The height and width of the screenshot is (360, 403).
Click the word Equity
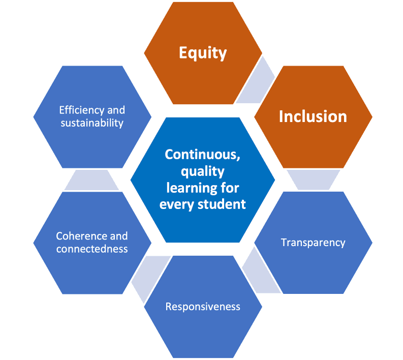pyautogui.click(x=203, y=53)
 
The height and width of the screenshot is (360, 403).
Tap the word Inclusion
pyautogui.click(x=313, y=116)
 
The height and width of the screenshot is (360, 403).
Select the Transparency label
pyautogui.click(x=313, y=243)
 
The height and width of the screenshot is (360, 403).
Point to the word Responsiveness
pyautogui.click(x=203, y=307)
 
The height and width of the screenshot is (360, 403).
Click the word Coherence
pyautogui.click(x=80, y=236)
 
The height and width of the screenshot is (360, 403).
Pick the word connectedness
pyautogui.click(x=92, y=249)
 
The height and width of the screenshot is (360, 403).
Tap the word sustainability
pyautogui.click(x=92, y=123)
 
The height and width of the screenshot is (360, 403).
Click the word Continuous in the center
pyautogui.click(x=203, y=155)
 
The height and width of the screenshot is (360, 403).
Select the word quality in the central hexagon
pyautogui.click(x=203, y=171)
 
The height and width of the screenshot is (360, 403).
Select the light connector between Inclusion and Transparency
pyautogui.click(x=313, y=179)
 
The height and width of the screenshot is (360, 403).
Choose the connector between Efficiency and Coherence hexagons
pyautogui.click(x=92, y=180)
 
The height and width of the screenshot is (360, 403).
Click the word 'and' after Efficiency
pyautogui.click(x=116, y=110)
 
